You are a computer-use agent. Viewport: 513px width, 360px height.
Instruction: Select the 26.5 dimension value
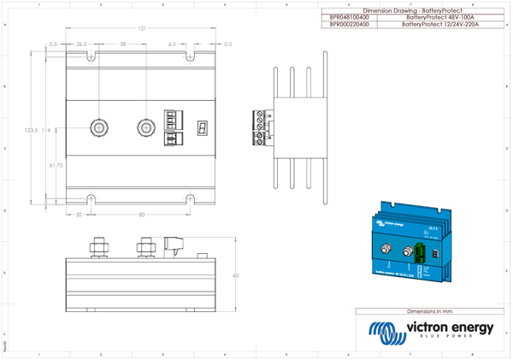82,44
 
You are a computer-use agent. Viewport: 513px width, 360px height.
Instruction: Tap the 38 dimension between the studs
123,44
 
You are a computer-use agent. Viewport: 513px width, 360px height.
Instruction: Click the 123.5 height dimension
31,130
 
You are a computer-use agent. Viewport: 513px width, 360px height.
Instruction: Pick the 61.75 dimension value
56,164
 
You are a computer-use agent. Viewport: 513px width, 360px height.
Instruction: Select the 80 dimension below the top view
142,215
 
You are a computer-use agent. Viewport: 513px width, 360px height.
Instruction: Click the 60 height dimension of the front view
235,276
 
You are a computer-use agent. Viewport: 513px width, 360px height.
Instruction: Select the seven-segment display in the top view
202,127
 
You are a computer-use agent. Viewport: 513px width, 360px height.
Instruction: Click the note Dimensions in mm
429,313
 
